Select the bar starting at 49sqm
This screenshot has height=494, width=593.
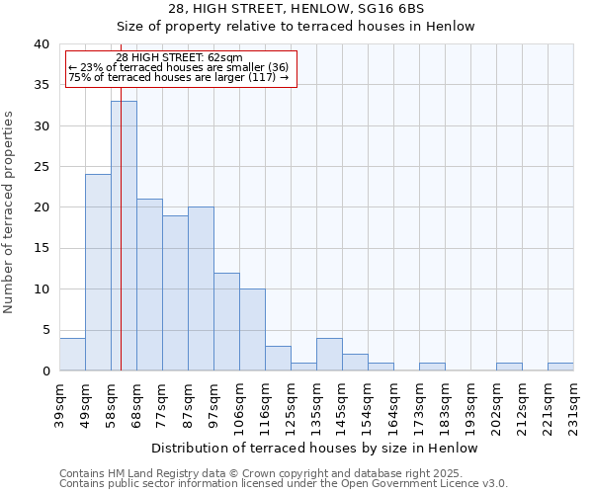pos(98,272)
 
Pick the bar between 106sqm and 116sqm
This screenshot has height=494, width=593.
pos(252,329)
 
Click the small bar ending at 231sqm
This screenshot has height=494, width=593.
pos(560,367)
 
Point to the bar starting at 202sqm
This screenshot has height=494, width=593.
pos(509,367)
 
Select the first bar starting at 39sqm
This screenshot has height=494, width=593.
pos(72,354)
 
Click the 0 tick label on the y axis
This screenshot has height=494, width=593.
pos(45,370)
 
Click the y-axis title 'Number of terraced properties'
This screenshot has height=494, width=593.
pos(10,211)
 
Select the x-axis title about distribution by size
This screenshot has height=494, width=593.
pos(316,448)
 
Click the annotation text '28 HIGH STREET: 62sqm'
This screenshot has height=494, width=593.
pos(179,58)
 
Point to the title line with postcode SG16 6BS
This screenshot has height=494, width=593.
pos(296,8)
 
